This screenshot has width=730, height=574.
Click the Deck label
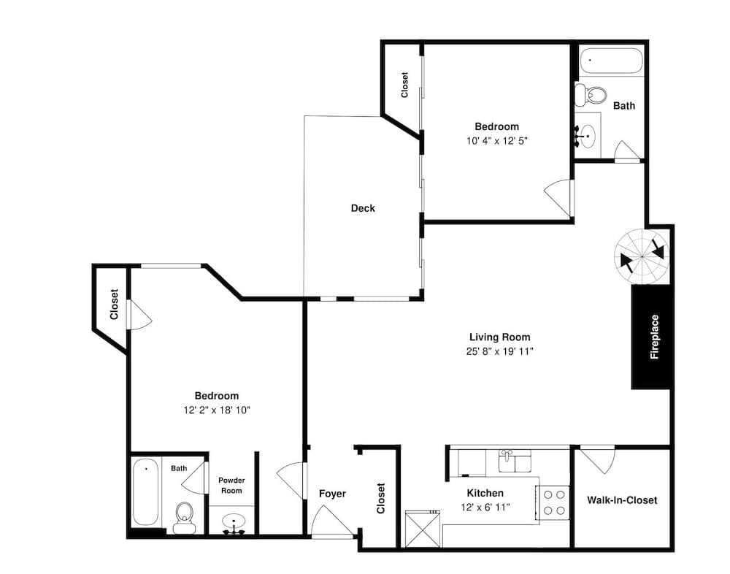[x=363, y=208]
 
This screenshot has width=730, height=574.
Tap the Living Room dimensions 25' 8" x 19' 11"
[x=499, y=351]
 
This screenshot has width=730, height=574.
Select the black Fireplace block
[x=651, y=337]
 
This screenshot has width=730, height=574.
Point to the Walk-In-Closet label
[x=622, y=500]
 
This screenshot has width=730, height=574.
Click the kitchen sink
[x=515, y=461]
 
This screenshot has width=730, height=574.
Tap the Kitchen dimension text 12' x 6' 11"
[x=485, y=507]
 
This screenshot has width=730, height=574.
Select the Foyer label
[x=332, y=494]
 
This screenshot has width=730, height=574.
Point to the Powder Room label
[x=231, y=486]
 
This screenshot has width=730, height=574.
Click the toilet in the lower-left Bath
[x=185, y=517]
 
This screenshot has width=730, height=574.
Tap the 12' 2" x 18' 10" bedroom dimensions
[x=217, y=410]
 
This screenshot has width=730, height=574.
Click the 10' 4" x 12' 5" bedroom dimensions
[x=496, y=141]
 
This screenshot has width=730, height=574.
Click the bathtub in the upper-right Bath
[x=611, y=61]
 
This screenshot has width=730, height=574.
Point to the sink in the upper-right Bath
[x=587, y=136]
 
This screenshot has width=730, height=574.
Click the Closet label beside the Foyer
[x=381, y=498]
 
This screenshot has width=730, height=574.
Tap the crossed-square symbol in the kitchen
[x=423, y=529]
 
